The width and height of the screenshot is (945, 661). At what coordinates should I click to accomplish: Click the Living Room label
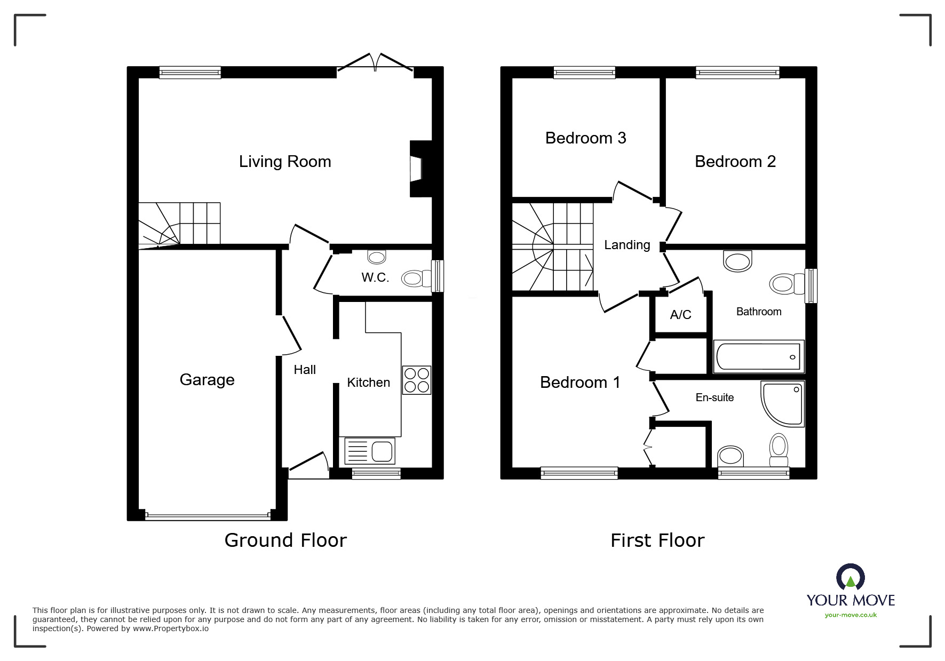(285, 162)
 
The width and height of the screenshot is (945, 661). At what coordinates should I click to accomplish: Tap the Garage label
(207, 380)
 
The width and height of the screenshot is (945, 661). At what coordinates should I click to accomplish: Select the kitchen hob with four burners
(416, 380)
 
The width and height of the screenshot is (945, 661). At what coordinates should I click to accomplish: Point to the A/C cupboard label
(680, 315)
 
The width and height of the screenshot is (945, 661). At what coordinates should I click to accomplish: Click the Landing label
(627, 245)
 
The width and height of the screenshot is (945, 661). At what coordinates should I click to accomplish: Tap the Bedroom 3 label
(585, 138)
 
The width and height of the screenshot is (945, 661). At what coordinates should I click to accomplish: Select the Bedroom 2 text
(735, 162)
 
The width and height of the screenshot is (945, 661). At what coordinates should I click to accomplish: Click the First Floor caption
(657, 540)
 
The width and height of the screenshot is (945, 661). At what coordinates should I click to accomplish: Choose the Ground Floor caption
(285, 540)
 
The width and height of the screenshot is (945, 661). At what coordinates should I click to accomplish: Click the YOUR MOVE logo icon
(850, 577)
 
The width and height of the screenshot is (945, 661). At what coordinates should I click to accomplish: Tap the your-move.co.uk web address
(851, 615)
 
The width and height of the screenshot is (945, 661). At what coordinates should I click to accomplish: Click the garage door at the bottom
(208, 516)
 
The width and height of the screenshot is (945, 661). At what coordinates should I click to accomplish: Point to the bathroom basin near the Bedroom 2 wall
(738, 261)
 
